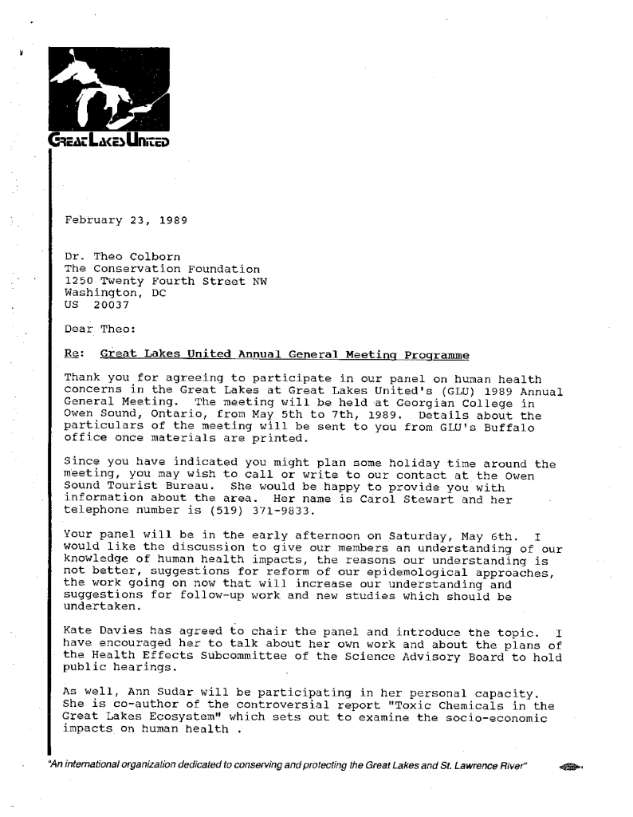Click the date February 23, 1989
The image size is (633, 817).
(x=125, y=219)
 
